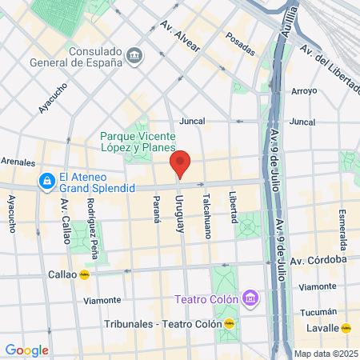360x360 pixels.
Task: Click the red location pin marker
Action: tap(180, 164)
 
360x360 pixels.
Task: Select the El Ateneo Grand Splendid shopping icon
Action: tap(49, 182)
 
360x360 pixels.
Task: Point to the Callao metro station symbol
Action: tap(84, 274)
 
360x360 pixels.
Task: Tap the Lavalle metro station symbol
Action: tap(346, 327)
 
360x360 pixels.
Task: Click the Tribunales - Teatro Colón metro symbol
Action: tap(230, 324)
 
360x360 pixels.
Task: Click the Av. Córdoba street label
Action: tap(318, 260)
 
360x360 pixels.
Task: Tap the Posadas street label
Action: tap(239, 37)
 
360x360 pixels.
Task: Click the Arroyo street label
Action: tap(304, 91)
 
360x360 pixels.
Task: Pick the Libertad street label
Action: tap(233, 207)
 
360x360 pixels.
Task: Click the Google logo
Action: tap(26, 350)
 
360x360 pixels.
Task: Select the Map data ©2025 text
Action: tap(326, 354)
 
